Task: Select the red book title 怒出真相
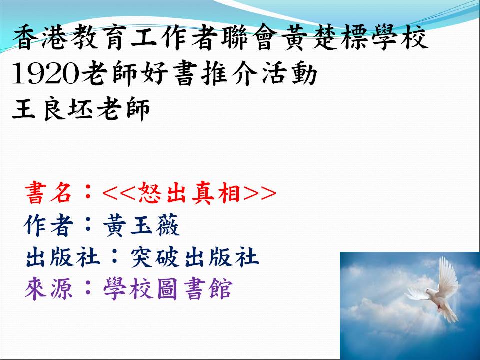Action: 189,193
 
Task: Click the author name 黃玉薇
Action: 141,225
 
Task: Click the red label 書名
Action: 49,193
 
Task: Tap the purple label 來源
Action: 49,289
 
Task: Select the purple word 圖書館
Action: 194,289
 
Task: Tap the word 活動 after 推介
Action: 289,74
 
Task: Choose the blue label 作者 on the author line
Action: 49,225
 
